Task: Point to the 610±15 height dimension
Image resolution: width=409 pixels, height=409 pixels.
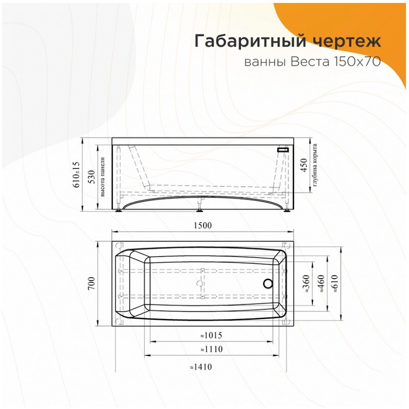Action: pyautogui.click(x=77, y=174)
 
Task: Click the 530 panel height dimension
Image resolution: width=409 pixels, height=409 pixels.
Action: pyautogui.click(x=90, y=174)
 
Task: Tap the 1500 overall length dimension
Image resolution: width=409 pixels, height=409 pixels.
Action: pyautogui.click(x=202, y=225)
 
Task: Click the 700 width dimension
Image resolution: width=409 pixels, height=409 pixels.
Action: pyautogui.click(x=91, y=283)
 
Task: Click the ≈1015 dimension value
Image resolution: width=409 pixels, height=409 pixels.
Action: pyautogui.click(x=210, y=335)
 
